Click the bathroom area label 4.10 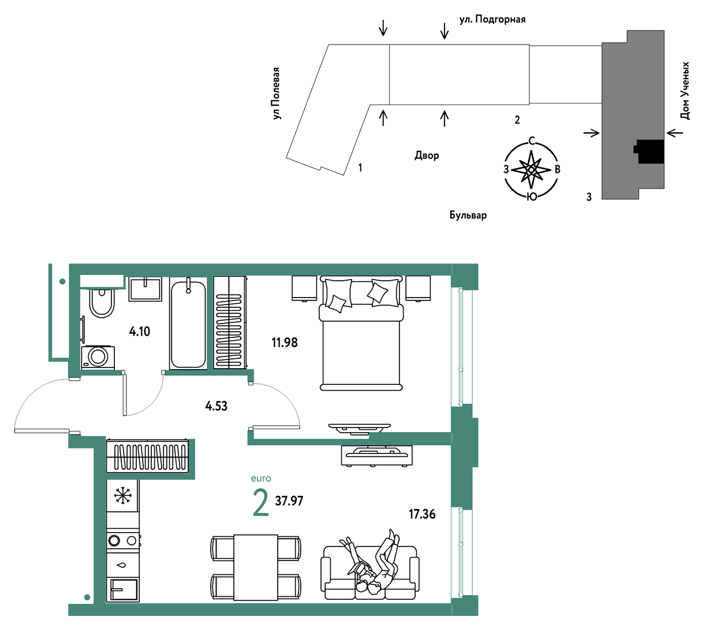coord(140,331)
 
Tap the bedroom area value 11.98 coord(285,342)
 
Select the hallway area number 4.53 coord(216,406)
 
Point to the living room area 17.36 coord(421,514)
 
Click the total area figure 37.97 coord(289,501)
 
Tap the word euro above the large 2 coord(261,478)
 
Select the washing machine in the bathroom coord(98,357)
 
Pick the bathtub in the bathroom coord(188,323)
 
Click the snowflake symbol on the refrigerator coord(122,496)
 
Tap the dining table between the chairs coord(256,567)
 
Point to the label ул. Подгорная coord(492,19)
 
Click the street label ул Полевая coord(276,94)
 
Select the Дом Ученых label coord(685,91)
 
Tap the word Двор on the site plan coord(427,155)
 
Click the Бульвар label coord(468,215)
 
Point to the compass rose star coord(531,170)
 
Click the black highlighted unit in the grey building coord(649,151)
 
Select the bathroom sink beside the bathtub coord(145,289)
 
